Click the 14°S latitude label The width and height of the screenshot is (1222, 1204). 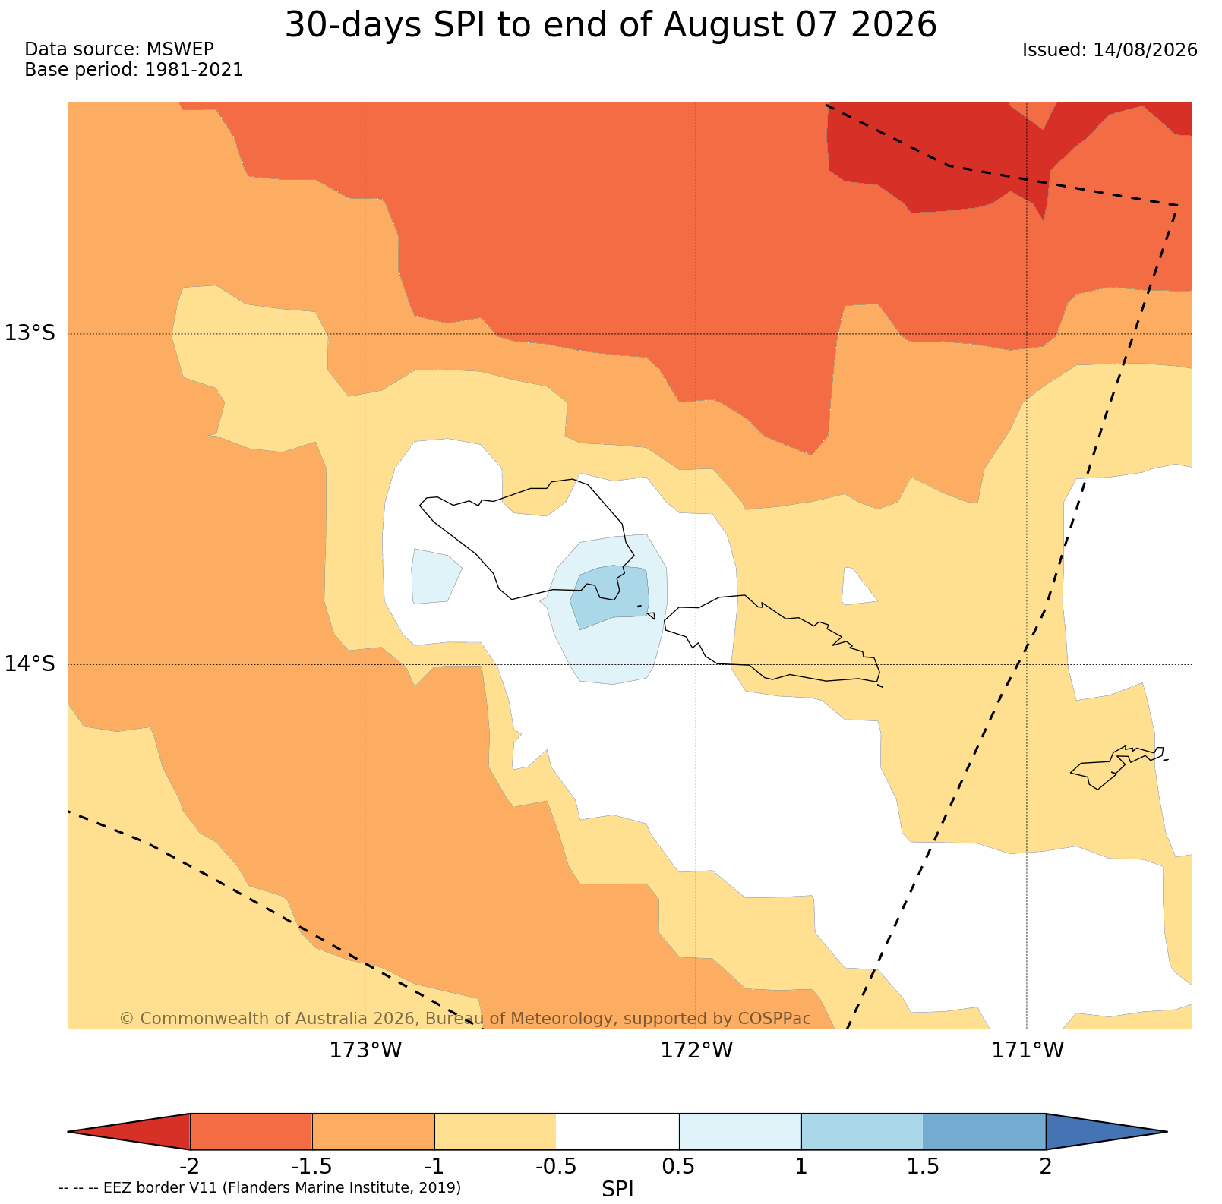30,663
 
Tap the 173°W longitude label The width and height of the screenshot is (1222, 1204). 365,1051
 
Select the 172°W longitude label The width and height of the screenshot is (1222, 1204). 696,1051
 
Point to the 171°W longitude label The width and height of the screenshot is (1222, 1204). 1028,1051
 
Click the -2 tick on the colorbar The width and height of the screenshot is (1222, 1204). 189,1166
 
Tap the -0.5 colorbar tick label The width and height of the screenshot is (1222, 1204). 557,1166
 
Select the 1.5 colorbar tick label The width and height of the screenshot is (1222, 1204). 924,1166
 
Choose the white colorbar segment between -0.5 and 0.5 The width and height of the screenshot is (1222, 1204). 618,1132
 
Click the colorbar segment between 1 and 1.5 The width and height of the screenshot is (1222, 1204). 863,1132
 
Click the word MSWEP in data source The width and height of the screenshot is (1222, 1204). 180,49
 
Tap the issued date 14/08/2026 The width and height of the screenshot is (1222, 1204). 1145,50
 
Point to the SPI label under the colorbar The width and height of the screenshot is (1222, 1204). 617,1189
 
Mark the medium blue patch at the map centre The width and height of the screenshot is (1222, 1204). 610,595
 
